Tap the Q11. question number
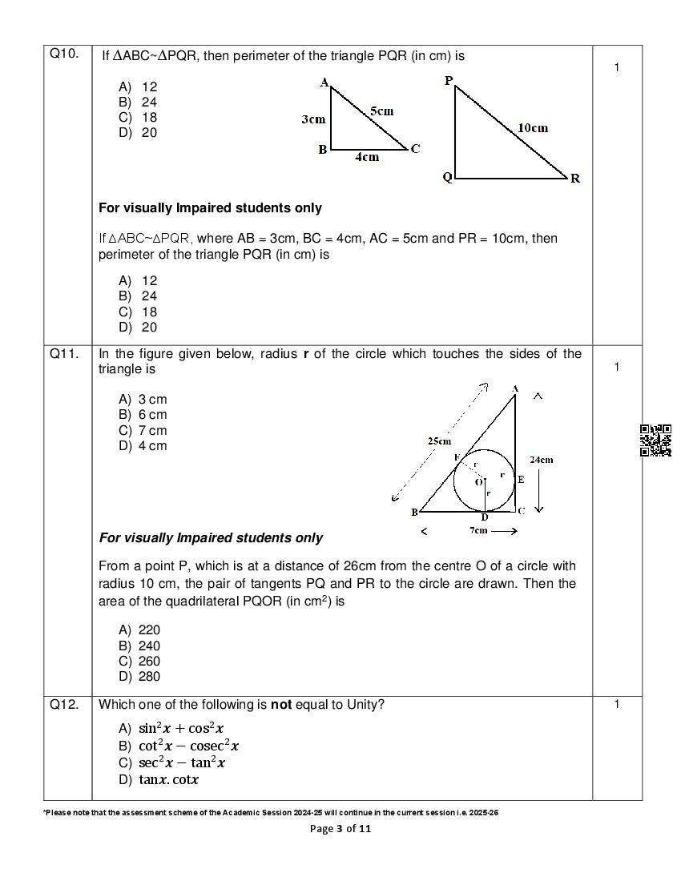[64, 353]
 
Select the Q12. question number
[64, 705]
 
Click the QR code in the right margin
[655, 440]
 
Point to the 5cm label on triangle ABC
[381, 111]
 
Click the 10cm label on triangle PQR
[533, 127]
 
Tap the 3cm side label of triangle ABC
[313, 119]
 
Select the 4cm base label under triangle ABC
[367, 157]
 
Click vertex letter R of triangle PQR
[575, 179]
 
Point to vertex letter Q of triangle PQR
[447, 177]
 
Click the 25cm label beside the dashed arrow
[439, 440]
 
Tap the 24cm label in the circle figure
[541, 460]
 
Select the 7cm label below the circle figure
[478, 530]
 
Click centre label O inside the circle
[478, 482]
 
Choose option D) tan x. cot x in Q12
[159, 779]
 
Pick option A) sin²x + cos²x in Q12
[171, 728]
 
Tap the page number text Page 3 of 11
[340, 829]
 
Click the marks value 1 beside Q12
[617, 705]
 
